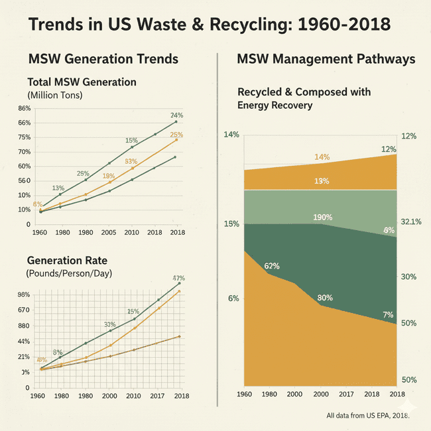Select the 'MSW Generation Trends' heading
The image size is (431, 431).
click(x=103, y=59)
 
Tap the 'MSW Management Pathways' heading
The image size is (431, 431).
click(x=326, y=59)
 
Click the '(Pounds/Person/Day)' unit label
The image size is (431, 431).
click(x=69, y=273)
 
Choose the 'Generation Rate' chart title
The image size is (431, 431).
click(x=67, y=259)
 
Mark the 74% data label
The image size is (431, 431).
click(x=176, y=115)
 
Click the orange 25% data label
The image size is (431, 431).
click(x=176, y=135)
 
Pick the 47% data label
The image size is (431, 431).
click(x=178, y=278)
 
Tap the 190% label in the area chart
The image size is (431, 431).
click(x=322, y=217)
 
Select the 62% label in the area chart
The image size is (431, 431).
click(x=272, y=266)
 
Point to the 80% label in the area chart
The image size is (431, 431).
click(x=325, y=298)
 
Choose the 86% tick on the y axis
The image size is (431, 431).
click(x=25, y=108)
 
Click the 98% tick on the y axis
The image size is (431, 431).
click(x=25, y=295)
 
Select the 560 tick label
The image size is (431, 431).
click(x=24, y=180)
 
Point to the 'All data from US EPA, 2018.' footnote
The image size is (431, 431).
click(x=367, y=416)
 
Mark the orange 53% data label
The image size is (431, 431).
click(x=131, y=162)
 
